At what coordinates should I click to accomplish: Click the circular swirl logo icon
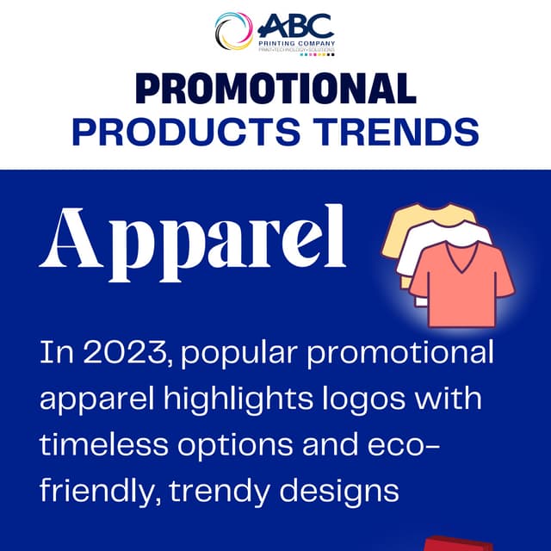pos(234,31)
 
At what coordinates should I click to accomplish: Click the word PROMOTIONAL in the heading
pos(275,89)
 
